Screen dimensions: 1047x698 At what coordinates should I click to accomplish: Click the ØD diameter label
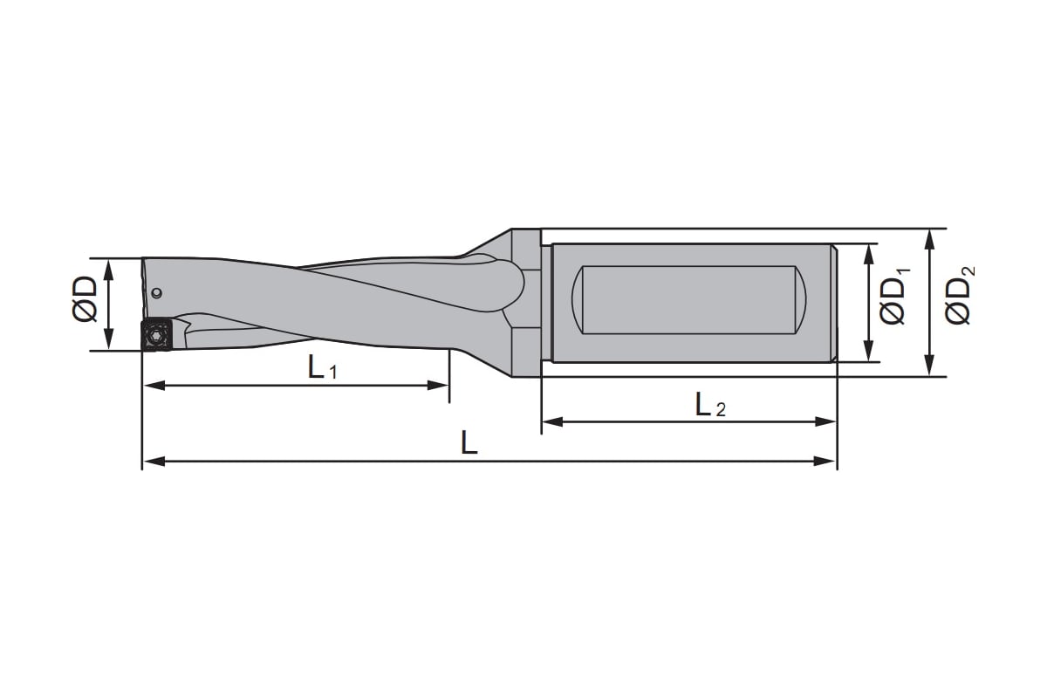[86, 299]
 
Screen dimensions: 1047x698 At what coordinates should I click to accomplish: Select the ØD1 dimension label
[894, 297]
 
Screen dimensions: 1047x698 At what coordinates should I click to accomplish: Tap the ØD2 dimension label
[960, 295]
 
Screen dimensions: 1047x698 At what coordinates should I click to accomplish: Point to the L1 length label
[322, 367]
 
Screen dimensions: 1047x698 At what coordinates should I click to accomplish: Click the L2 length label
[710, 405]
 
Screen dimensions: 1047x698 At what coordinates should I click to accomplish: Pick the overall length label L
[469, 442]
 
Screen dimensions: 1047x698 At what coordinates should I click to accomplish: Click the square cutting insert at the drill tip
[157, 335]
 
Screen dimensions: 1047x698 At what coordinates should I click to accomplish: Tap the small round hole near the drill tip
[158, 293]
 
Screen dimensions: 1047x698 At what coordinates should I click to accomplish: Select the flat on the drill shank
[689, 300]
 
